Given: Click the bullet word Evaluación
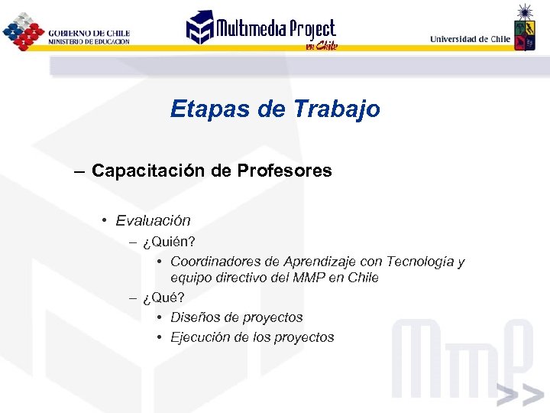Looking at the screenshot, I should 153,221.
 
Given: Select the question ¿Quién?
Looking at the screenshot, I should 163,242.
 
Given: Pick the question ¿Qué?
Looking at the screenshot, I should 158,298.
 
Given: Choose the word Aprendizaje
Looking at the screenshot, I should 306,262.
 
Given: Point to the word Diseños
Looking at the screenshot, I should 194,317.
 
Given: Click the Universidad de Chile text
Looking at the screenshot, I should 470,38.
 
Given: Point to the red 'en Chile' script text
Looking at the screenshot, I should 321,46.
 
